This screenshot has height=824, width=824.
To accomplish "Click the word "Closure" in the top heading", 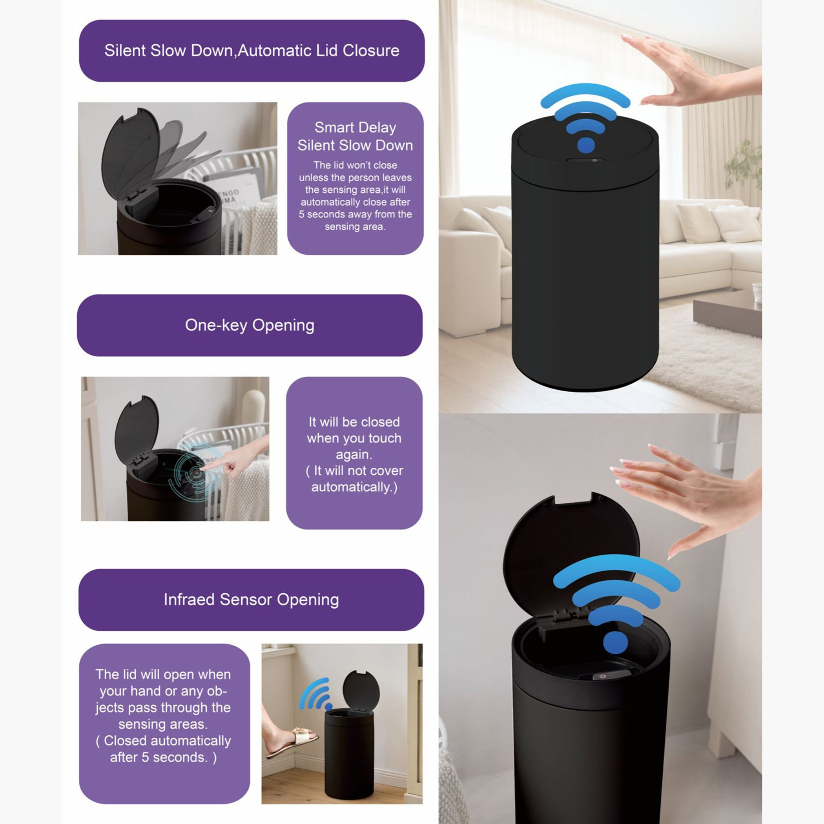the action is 371,50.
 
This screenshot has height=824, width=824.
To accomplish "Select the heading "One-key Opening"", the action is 250,325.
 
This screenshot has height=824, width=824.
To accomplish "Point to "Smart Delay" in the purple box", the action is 355,127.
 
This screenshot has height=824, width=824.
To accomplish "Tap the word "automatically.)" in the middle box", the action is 354,487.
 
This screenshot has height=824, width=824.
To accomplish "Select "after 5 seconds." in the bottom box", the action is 163,757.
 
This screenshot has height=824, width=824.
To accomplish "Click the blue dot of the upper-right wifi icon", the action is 586,146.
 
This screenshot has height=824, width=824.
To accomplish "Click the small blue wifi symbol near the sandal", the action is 315,695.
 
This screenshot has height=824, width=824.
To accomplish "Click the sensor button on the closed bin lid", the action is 585,160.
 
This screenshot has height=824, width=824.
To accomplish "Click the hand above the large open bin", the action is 687,495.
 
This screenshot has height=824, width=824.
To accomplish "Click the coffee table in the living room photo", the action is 727,315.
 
